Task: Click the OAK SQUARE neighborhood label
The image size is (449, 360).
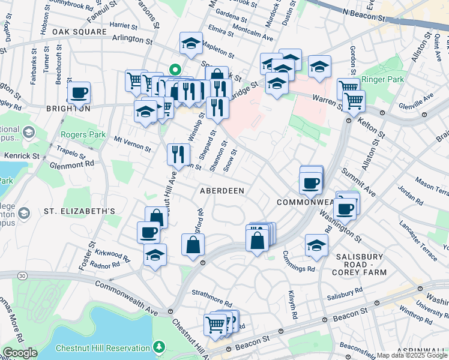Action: (x=80, y=31)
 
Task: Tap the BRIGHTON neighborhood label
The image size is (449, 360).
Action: (x=67, y=109)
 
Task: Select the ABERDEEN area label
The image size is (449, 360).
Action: (x=222, y=190)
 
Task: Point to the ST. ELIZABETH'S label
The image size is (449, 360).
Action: (x=79, y=211)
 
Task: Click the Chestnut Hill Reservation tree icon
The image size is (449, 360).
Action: (x=158, y=347)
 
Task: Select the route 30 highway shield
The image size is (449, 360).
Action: (x=23, y=275)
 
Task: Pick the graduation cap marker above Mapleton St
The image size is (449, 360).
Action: (x=191, y=44)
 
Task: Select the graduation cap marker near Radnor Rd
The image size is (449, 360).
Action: (x=155, y=256)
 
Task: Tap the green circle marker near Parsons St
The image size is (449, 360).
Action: (x=174, y=70)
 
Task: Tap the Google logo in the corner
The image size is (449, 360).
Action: (x=20, y=353)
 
